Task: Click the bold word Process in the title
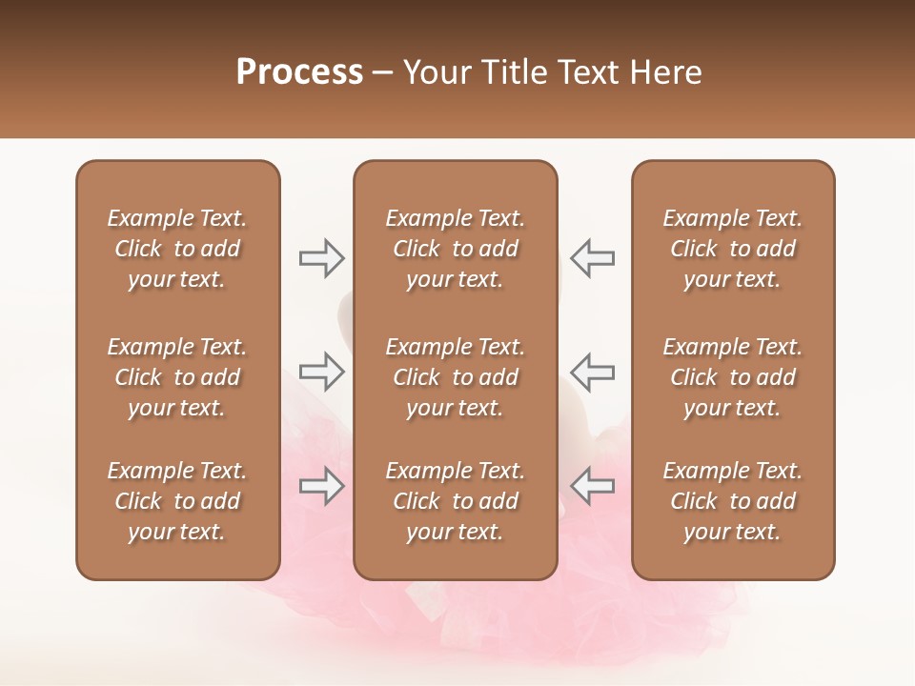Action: (x=299, y=72)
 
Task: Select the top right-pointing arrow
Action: (x=322, y=258)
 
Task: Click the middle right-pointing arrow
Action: (x=322, y=372)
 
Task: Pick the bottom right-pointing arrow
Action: (x=322, y=486)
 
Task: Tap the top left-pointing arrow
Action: (x=593, y=258)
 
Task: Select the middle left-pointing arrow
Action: (x=593, y=372)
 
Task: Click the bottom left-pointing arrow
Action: (x=593, y=486)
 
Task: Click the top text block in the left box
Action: (x=177, y=249)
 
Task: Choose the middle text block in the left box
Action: (x=177, y=377)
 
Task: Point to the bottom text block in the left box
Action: (x=177, y=501)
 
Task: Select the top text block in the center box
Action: (x=455, y=249)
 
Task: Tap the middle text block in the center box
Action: (x=455, y=377)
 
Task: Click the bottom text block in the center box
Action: (x=455, y=501)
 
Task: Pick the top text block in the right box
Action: (x=733, y=249)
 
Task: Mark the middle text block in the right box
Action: (x=733, y=377)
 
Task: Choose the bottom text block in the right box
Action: (x=733, y=501)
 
